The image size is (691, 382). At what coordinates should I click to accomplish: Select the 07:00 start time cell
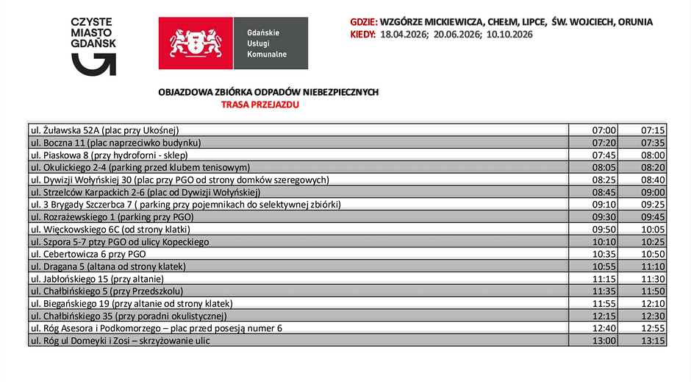[604, 130]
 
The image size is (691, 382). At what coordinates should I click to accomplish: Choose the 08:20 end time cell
[653, 167]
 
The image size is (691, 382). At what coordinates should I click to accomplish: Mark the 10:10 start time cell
[604, 241]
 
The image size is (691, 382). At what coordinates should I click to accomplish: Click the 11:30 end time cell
[653, 279]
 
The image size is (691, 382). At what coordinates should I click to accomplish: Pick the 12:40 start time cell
[604, 328]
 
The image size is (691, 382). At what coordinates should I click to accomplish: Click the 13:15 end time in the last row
[653, 341]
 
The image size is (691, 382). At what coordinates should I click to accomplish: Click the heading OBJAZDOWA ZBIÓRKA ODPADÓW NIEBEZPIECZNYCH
[268, 92]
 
